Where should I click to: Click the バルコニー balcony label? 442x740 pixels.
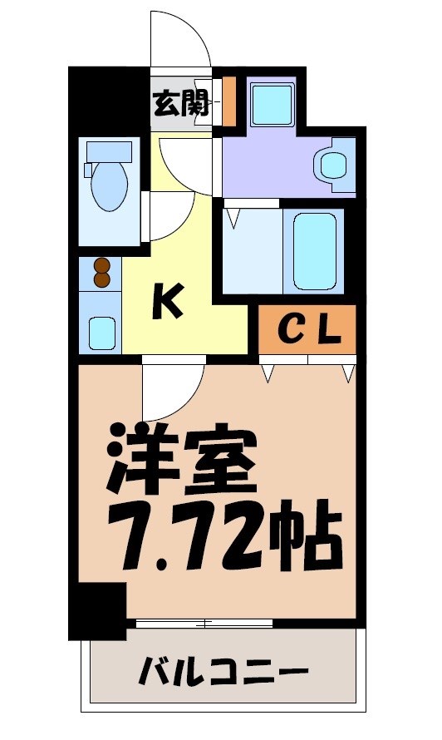(x=224, y=670)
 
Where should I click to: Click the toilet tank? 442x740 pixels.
(x=108, y=151)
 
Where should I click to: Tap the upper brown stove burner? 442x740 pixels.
(x=101, y=266)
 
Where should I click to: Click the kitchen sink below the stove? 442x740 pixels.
(x=101, y=333)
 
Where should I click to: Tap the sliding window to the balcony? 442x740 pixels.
(x=204, y=622)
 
